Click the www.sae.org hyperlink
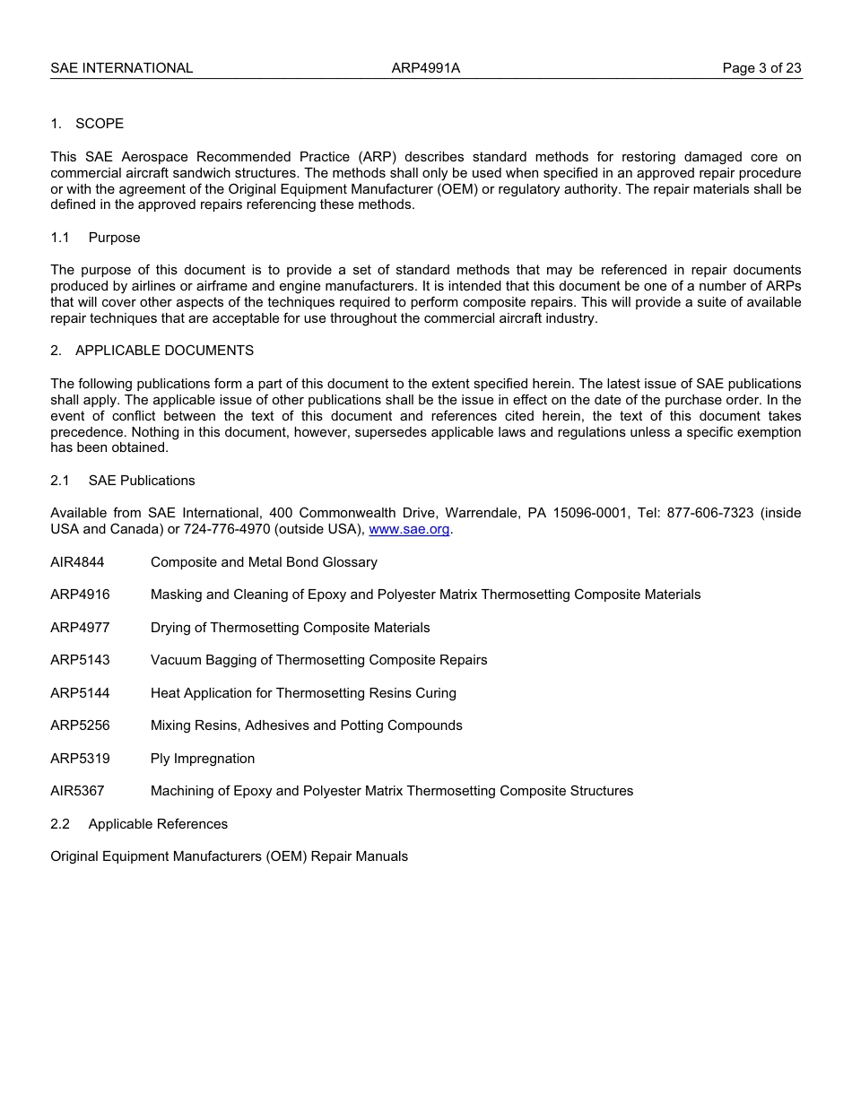pos(409,529)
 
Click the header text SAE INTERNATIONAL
pos(122,68)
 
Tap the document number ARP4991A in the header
pos(426,68)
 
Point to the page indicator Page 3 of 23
pos(761,68)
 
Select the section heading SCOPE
pos(100,124)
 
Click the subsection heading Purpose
pos(114,238)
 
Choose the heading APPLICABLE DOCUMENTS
pos(164,351)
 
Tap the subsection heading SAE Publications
pos(142,481)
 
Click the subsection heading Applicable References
pos(158,824)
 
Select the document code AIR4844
pos(77,562)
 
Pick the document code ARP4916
pos(80,595)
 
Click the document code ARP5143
pos(80,660)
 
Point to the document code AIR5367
pos(77,791)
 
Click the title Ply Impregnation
pos(203,759)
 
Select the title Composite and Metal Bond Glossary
pos(264,562)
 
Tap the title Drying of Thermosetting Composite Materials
pos(290,628)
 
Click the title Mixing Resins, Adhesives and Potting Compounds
pos(306,725)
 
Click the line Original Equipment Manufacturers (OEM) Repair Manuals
pos(229,856)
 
